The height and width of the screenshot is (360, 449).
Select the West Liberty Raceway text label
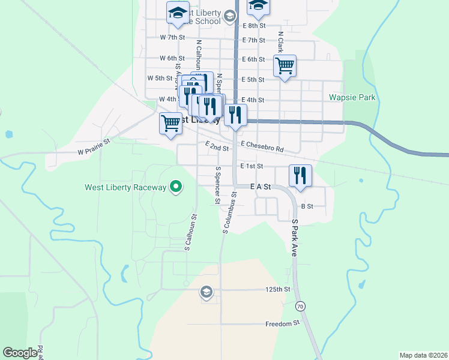[x=125, y=188]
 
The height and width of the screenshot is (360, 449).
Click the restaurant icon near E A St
[x=300, y=176]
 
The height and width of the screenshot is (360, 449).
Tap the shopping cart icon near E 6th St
[x=285, y=66]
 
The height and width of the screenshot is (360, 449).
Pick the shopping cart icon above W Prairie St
[x=170, y=123]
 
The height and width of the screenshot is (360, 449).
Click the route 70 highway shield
[x=300, y=307]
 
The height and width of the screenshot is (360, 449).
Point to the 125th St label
[x=278, y=289]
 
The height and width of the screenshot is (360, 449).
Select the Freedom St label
[x=282, y=323]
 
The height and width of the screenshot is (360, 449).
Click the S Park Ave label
[x=295, y=238]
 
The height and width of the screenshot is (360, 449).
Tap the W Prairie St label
[x=94, y=147]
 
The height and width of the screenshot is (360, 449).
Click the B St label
[x=307, y=206]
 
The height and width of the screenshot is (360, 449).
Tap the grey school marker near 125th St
[x=206, y=292]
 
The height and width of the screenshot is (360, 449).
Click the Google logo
[x=20, y=353]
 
